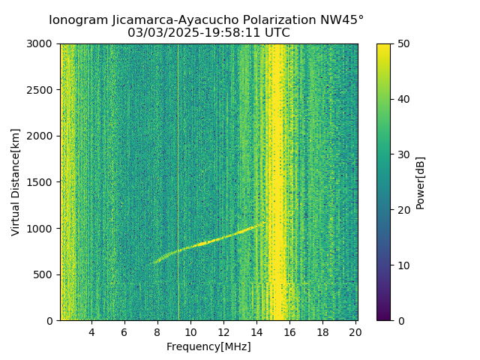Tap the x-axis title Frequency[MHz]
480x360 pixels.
(x=208, y=346)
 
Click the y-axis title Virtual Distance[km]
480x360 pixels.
(x=16, y=181)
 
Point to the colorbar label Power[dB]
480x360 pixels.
(x=421, y=182)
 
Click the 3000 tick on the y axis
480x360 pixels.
(x=42, y=43)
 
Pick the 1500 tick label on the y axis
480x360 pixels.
(x=42, y=182)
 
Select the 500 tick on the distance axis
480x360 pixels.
(x=45, y=274)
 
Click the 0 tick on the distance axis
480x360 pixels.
(x=52, y=320)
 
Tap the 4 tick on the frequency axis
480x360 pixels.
(x=91, y=332)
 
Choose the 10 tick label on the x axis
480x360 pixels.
(x=190, y=332)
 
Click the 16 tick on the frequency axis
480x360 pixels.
(x=289, y=332)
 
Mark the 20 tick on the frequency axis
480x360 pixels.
(x=355, y=332)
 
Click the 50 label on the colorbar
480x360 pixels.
(x=403, y=43)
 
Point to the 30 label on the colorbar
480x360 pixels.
(x=403, y=154)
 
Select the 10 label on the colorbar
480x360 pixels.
(x=403, y=265)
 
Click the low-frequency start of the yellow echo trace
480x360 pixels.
(x=154, y=262)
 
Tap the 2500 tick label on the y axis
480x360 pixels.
(x=42, y=90)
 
